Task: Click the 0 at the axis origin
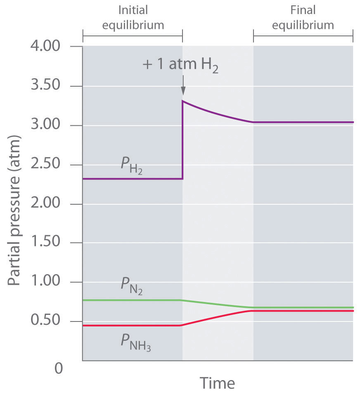[x=59, y=367]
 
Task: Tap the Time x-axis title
[x=218, y=383]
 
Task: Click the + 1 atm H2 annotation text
[x=180, y=66]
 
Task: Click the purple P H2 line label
[x=132, y=168]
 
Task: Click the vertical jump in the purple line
[x=182, y=140]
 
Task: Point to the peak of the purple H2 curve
[x=183, y=102]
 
